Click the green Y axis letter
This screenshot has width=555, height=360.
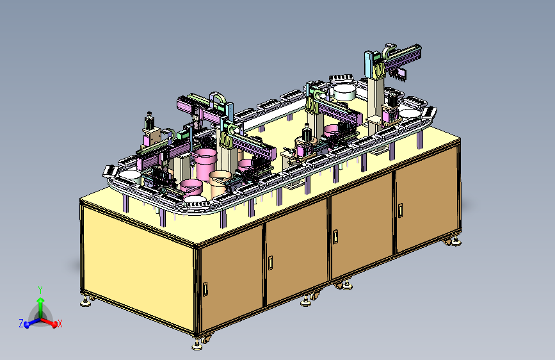coord(40,290)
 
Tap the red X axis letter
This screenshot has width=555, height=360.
coord(60,323)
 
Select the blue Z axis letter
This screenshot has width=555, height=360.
coord(21,323)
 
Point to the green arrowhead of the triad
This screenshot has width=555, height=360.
coord(41,301)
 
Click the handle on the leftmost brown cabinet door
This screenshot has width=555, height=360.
coord(205,289)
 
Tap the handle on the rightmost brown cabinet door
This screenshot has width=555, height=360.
coord(400,210)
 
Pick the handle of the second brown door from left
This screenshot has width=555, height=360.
coord(270,263)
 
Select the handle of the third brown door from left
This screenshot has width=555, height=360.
coord(335,237)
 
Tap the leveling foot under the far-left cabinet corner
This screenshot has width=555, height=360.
coord(85,302)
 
